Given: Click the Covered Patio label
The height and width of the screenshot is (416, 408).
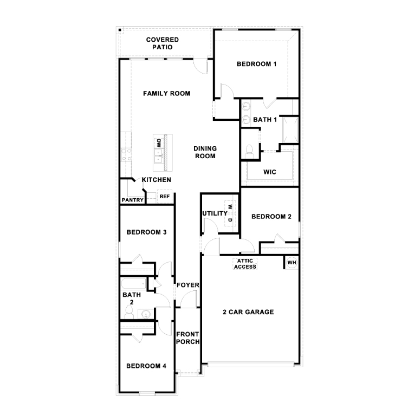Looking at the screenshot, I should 163,44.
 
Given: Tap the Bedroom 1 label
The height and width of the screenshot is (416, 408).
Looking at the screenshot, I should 257,64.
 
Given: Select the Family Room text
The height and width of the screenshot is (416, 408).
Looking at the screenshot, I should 166,93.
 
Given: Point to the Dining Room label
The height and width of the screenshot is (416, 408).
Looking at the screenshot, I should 205,152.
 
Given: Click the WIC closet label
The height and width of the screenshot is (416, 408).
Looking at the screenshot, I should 270,172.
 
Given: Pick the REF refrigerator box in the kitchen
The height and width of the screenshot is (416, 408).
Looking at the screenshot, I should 164,197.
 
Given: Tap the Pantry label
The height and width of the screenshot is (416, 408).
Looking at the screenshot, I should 132,200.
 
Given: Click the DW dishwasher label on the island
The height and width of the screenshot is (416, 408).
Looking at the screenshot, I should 159,144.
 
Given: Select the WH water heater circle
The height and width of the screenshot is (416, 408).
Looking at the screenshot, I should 292,263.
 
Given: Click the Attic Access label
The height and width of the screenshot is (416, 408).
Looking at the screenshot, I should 245,264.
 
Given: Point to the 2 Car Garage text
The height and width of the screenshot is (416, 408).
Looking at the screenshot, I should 248,312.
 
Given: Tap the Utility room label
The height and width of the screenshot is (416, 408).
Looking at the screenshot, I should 215,213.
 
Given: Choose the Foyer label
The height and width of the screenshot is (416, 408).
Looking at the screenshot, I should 188,285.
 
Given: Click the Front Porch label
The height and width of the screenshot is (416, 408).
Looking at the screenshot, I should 188,337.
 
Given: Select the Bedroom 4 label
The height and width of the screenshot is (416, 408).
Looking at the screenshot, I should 146,366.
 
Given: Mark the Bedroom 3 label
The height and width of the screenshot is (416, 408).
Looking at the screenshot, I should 146,232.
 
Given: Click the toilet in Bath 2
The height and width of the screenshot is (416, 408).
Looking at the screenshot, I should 129,311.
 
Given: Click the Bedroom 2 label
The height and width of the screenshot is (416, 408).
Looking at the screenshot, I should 271,217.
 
